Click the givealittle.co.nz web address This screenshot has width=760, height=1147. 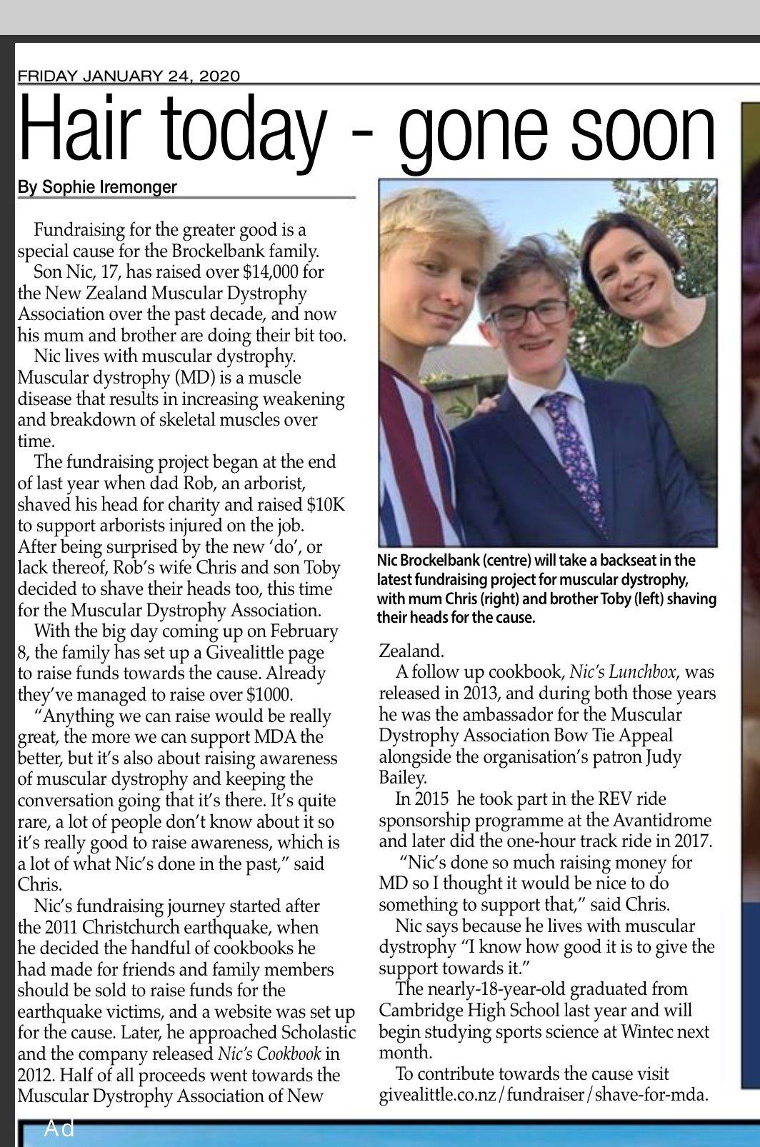coord(544,1096)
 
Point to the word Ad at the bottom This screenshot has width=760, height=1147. coord(59,1128)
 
